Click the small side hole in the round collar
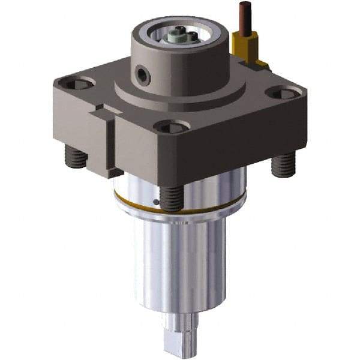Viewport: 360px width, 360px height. (x=143, y=74)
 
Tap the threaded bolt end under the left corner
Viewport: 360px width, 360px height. (x=77, y=158)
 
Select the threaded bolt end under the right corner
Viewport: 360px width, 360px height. (x=283, y=164)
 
